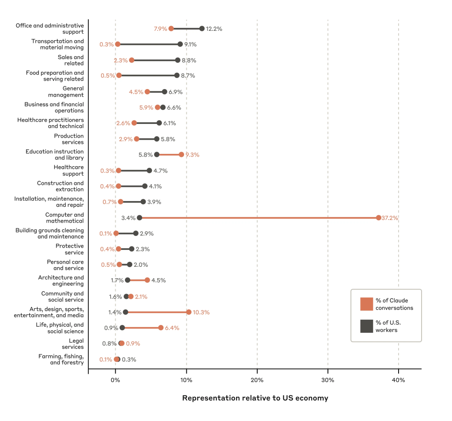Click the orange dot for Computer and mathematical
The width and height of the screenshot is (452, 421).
[x=378, y=218]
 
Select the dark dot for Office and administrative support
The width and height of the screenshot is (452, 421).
[x=202, y=29]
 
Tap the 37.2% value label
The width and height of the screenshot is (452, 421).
[x=390, y=218]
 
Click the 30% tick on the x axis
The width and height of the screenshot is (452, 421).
[x=328, y=380]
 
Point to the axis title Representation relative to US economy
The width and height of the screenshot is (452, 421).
[x=255, y=398]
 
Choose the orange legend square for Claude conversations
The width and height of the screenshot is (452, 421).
[x=366, y=304]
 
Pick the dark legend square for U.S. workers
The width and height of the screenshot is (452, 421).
[x=366, y=326]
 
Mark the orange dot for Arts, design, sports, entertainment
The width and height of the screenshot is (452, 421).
[x=189, y=312]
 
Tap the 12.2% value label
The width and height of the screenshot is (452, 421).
[x=214, y=29]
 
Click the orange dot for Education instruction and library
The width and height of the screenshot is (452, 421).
[x=181, y=155]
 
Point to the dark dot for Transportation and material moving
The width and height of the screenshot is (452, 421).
[x=180, y=44]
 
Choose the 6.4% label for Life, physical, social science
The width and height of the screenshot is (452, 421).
[x=172, y=328]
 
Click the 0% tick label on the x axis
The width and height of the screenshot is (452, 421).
[x=115, y=380]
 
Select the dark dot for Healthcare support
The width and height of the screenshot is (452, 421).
[x=149, y=171]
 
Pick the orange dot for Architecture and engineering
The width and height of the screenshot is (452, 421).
[x=147, y=280]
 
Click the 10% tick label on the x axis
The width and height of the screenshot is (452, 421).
[x=186, y=380]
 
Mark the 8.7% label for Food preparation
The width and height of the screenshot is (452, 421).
[x=188, y=76]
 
